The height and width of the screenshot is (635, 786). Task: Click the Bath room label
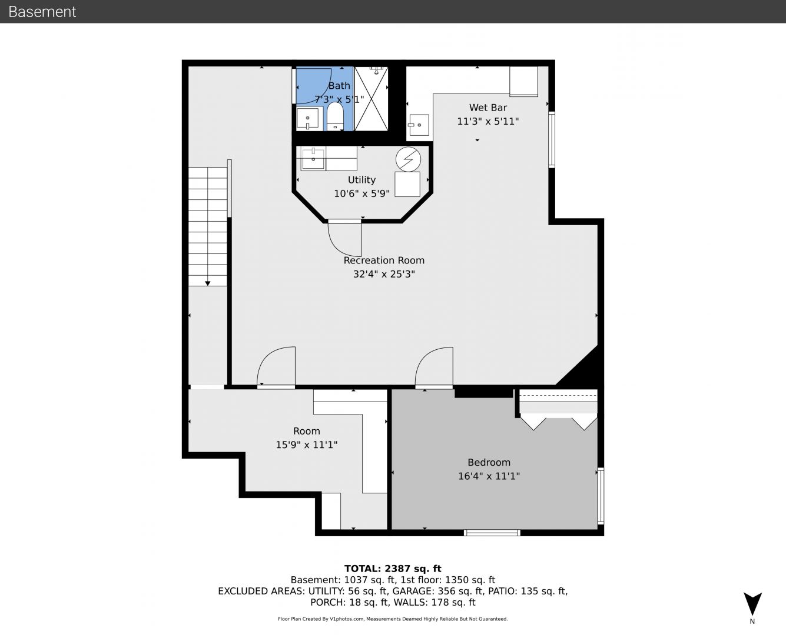click(x=339, y=86)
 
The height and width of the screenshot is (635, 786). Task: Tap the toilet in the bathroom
click(x=335, y=116)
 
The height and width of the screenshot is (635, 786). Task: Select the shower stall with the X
click(x=372, y=98)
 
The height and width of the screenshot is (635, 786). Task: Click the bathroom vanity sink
click(x=308, y=118)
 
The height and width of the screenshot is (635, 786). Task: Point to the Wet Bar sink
click(x=419, y=125)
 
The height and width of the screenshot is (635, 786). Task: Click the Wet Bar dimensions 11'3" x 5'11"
click(x=488, y=121)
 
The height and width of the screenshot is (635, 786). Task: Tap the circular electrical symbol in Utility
click(x=408, y=159)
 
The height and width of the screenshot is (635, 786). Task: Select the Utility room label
click(x=362, y=180)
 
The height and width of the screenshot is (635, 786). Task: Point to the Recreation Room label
click(x=384, y=260)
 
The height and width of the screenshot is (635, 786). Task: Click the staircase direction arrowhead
click(x=208, y=283)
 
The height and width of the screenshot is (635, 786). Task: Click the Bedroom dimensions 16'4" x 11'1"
click(x=489, y=476)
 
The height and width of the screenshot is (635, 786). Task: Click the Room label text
click(x=306, y=431)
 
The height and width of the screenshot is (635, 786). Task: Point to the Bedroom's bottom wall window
click(x=492, y=533)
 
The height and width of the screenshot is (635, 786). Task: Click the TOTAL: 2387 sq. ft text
click(x=393, y=569)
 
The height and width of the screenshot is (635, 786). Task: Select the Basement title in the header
click(x=42, y=12)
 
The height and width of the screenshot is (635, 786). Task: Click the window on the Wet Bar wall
click(x=552, y=140)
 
